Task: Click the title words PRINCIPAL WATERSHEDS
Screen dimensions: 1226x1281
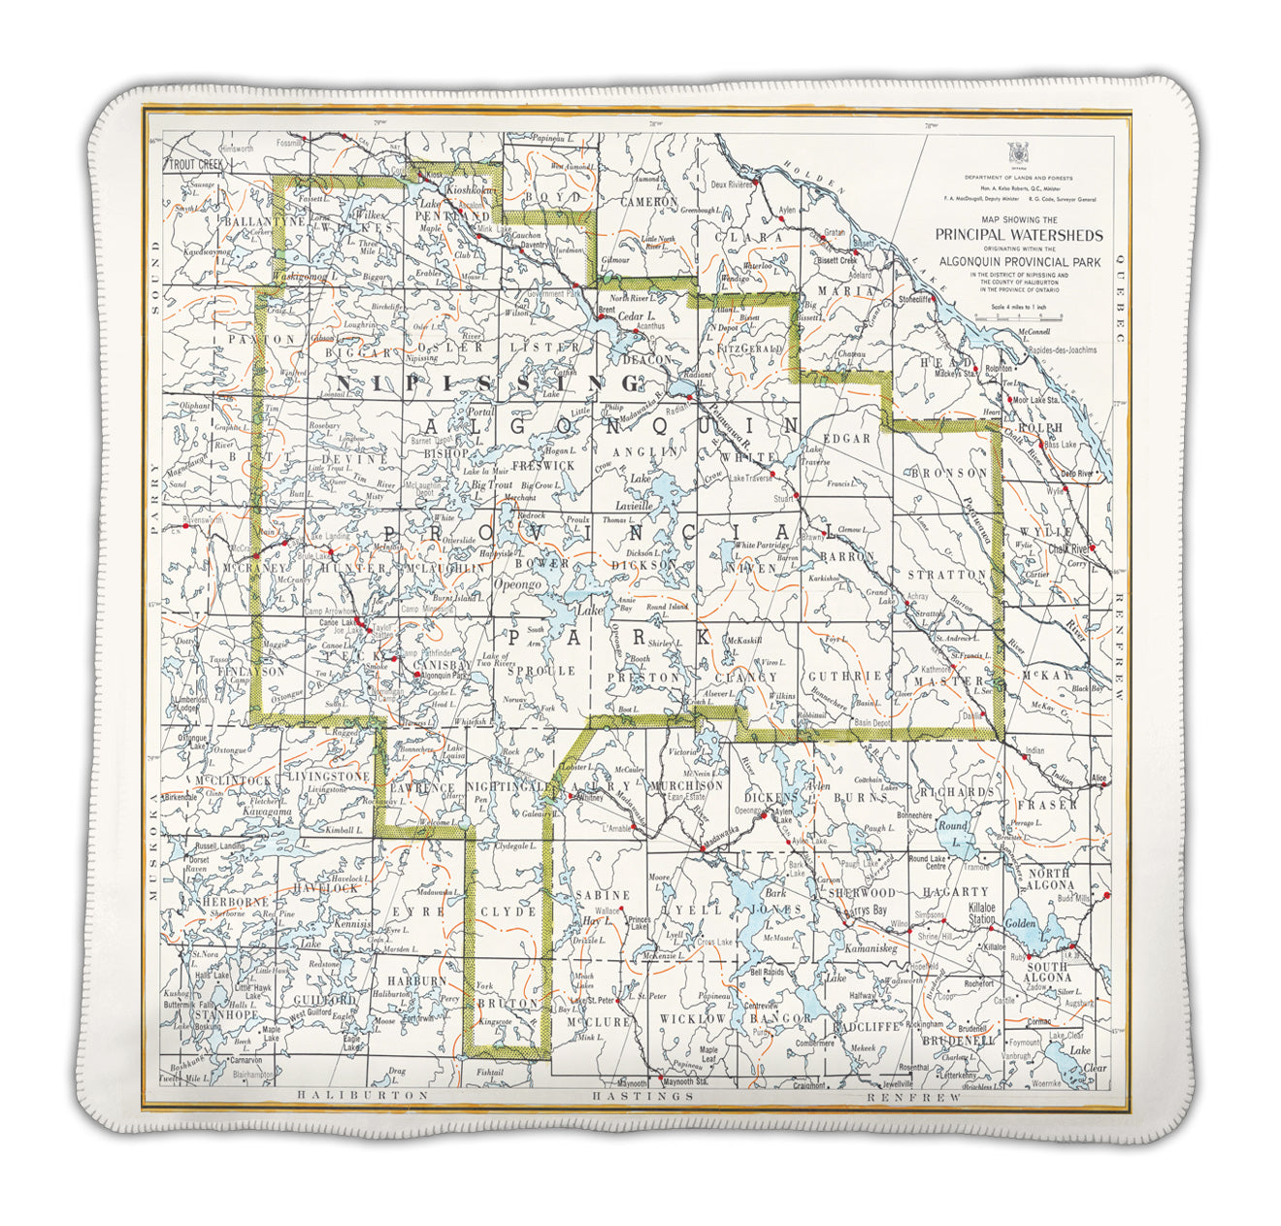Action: click(1018, 235)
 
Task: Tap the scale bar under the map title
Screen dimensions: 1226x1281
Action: click(1018, 316)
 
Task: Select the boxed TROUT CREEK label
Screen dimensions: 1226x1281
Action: click(195, 165)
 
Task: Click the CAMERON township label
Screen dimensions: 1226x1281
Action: click(649, 202)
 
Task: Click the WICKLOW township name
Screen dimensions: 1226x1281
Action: click(692, 1019)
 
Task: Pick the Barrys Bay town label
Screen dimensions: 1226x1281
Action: click(867, 911)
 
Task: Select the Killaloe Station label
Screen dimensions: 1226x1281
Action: click(983, 912)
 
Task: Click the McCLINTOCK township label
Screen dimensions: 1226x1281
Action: click(233, 780)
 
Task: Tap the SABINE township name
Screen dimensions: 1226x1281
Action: click(603, 894)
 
